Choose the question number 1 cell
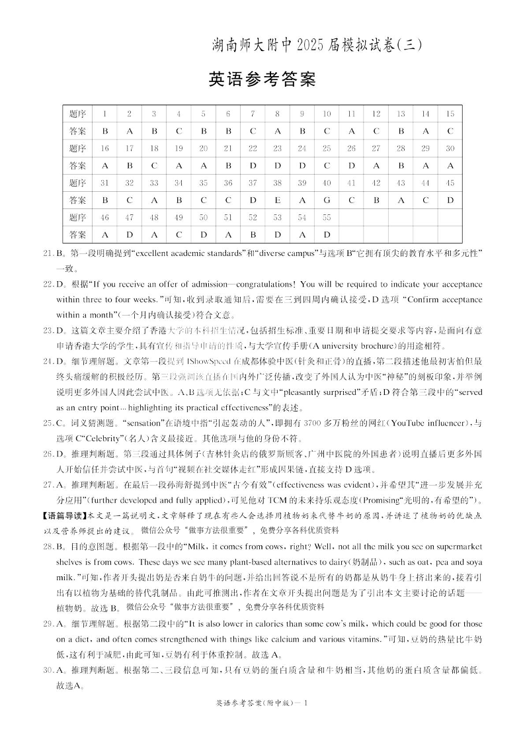click(104, 114)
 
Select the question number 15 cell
click(450, 114)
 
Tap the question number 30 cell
click(450, 148)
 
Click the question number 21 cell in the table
click(228, 148)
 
